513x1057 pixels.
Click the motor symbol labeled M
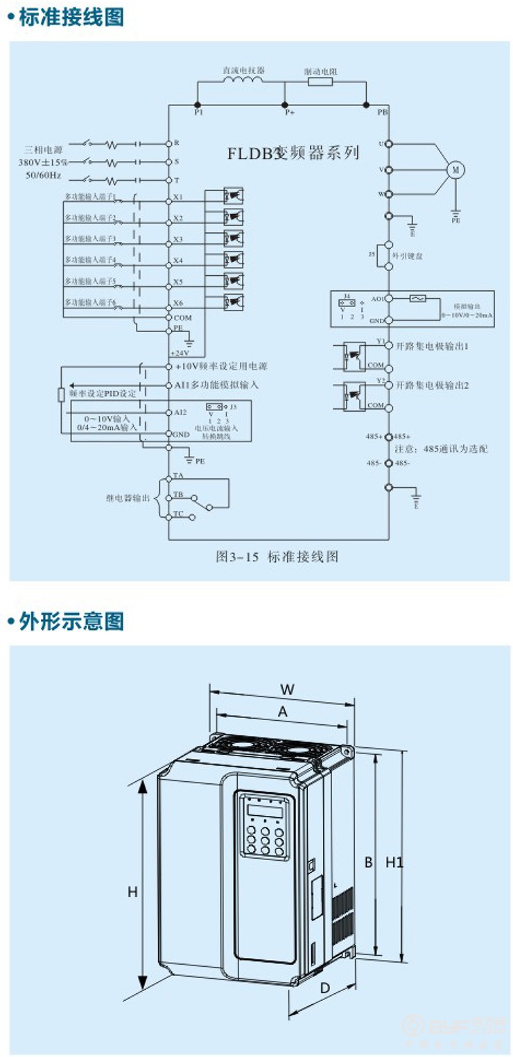[x=455, y=168]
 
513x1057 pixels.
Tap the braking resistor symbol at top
[x=320, y=82]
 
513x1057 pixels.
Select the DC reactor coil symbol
[x=243, y=81]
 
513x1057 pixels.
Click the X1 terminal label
[x=178, y=197]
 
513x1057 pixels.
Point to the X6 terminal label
[x=178, y=303]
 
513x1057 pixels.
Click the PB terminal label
[x=383, y=112]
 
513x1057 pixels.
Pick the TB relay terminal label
[x=178, y=494]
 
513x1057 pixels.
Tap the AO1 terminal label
[x=379, y=297]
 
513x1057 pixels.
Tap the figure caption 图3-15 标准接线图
[x=277, y=556]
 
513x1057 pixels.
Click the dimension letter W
[x=288, y=689]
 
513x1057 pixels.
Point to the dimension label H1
[x=394, y=862]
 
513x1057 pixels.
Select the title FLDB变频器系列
[x=293, y=153]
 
